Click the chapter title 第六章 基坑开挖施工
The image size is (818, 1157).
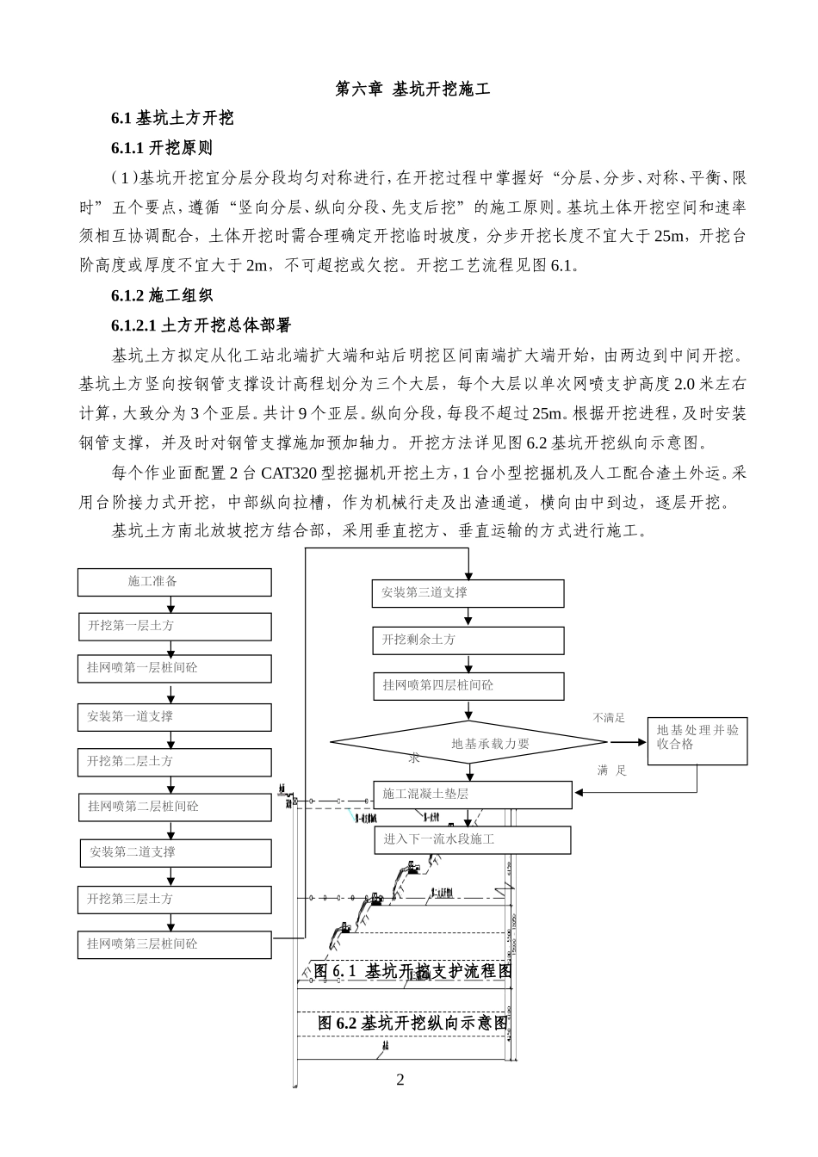(x=412, y=89)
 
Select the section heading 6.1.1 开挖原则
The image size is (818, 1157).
(x=161, y=147)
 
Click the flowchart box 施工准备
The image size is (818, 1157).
(x=174, y=582)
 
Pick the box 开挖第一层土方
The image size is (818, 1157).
(x=174, y=626)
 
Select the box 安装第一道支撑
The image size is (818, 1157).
(x=174, y=716)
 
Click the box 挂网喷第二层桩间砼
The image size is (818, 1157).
(x=174, y=807)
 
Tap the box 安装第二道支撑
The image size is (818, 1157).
(x=174, y=852)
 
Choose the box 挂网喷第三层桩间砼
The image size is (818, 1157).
(x=174, y=944)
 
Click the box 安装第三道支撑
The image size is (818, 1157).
(x=468, y=593)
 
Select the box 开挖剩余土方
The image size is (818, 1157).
(x=468, y=640)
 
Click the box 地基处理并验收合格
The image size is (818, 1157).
(x=697, y=739)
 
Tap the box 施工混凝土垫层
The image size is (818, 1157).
(x=473, y=794)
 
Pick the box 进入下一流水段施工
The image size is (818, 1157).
(x=473, y=838)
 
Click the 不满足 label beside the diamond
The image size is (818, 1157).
(x=608, y=717)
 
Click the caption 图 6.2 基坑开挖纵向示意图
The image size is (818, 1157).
(x=412, y=1023)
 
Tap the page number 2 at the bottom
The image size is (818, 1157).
(x=400, y=1080)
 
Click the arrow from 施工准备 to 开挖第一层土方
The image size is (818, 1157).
(x=174, y=603)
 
